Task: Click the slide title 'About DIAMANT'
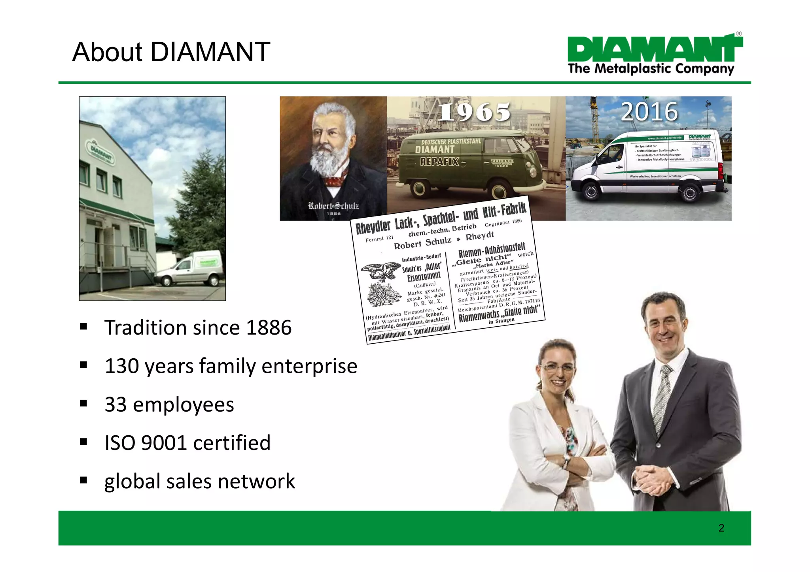coord(171,52)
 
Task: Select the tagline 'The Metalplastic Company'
coord(651,69)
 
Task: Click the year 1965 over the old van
coord(475,112)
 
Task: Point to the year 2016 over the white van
coord(649,112)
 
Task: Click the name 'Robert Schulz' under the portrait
coord(333,206)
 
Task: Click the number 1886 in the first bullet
coord(269,328)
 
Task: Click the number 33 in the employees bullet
coord(115,405)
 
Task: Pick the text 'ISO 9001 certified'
coord(187,443)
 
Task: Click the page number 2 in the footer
coord(721,528)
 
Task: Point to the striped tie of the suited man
coord(661,399)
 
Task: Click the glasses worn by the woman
coord(557,368)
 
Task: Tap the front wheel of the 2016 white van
coord(591,192)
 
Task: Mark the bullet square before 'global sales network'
coord(83,480)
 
